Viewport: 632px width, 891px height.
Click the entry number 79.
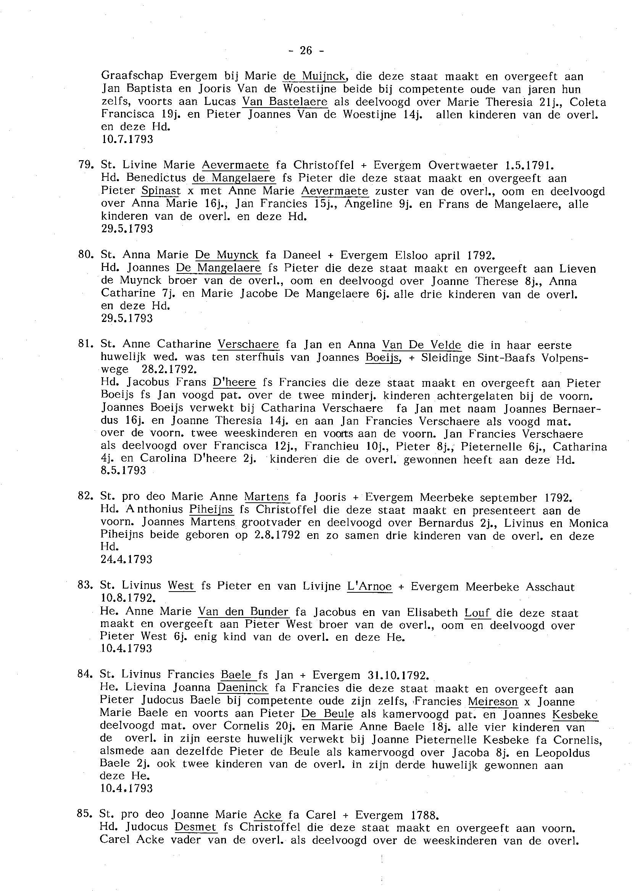pos(84,164)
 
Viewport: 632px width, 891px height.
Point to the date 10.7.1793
pos(127,139)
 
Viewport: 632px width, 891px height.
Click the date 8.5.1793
pos(123,471)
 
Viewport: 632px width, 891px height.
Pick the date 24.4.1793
pos(126,559)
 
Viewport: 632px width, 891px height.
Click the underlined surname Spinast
pos(161,191)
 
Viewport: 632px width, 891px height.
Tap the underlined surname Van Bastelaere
pos(285,102)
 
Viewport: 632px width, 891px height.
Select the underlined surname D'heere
pos(235,383)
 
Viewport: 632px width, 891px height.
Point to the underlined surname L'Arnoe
pos(369,586)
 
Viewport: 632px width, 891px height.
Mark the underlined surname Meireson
pos(493,702)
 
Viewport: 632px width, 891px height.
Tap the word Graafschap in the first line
pos(132,76)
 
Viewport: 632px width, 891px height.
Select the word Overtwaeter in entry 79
pos(463,165)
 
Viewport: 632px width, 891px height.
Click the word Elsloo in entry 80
pos(411,255)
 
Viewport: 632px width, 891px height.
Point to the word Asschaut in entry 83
pos(550,587)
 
